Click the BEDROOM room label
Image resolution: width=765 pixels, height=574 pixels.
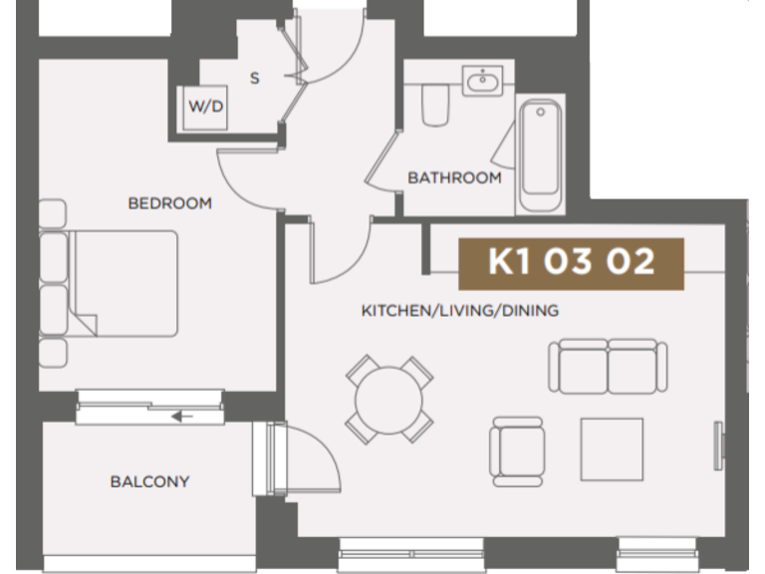click(x=169, y=203)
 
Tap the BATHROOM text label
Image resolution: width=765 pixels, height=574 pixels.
click(x=454, y=178)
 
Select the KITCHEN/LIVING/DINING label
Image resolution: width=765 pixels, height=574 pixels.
click(x=459, y=311)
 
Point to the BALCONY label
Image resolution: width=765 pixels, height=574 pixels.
click(x=149, y=482)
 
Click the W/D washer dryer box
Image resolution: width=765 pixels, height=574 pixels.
click(x=205, y=107)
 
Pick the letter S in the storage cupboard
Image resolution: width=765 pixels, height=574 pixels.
click(x=254, y=78)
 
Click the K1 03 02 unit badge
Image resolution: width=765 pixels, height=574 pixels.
click(x=571, y=262)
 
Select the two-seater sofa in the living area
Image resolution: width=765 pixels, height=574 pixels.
click(x=607, y=366)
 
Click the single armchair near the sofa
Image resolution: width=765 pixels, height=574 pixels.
click(x=518, y=448)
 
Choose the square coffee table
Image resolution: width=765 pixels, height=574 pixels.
click(x=612, y=448)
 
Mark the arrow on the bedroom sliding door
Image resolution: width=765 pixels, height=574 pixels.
click(x=182, y=416)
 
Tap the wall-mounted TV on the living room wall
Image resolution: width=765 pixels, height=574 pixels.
click(x=718, y=442)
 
